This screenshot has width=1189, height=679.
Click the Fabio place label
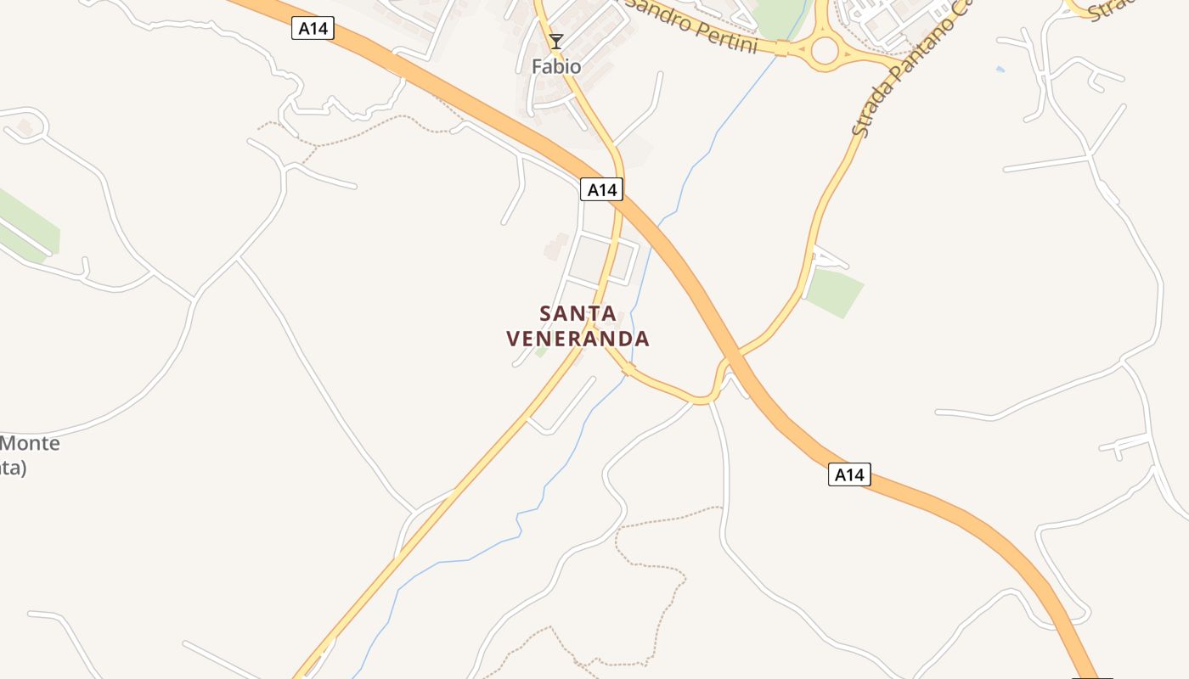click(x=556, y=66)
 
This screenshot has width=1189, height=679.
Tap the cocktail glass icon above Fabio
click(x=556, y=41)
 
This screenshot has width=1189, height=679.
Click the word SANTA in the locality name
click(x=578, y=313)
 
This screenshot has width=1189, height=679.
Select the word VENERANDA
click(x=578, y=339)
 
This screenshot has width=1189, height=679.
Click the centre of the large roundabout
click(x=825, y=50)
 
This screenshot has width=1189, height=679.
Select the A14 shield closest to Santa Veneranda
click(x=602, y=189)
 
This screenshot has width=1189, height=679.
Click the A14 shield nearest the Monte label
click(x=313, y=29)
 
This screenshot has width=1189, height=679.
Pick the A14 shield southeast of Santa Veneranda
click(x=849, y=474)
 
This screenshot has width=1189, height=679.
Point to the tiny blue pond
click(x=1000, y=69)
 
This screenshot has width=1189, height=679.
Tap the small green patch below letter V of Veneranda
click(x=541, y=351)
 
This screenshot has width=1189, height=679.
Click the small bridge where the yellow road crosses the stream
click(x=628, y=370)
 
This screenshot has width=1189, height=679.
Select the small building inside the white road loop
click(x=25, y=127)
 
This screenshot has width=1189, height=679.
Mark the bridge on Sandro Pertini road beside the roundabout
click(x=782, y=48)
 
